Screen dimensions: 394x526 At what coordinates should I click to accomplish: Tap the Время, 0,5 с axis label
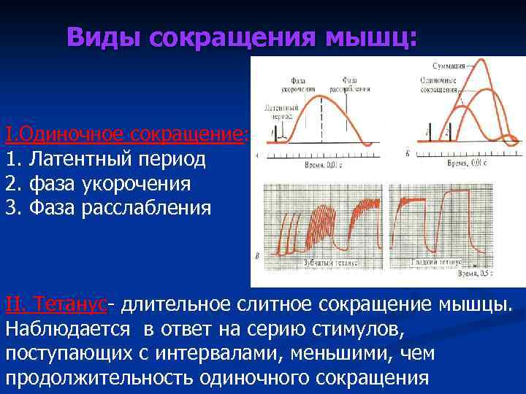[474, 276]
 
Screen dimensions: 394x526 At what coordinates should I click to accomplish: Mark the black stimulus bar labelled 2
[448, 131]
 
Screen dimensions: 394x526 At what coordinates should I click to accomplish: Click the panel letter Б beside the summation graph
[407, 154]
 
